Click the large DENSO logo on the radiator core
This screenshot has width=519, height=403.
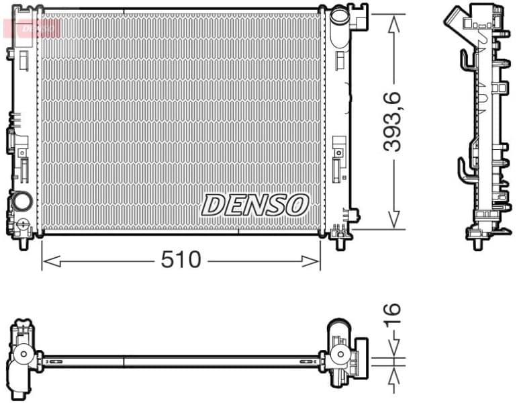point(255,205)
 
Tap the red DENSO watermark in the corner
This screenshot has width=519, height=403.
point(32,28)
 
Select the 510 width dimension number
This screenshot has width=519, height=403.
point(181,259)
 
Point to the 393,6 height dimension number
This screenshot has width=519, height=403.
point(393,121)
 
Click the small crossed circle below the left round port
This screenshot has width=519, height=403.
point(22,223)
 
